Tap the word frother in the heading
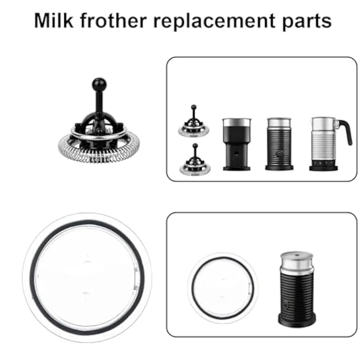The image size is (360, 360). [x=118, y=21]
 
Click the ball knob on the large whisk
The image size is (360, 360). [x=99, y=84]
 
